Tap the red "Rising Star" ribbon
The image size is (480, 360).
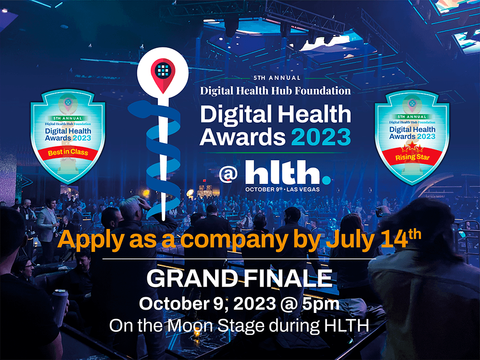click(x=411, y=156)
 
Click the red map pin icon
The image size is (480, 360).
click(x=162, y=71)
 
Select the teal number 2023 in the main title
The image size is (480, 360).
click(x=321, y=137)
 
